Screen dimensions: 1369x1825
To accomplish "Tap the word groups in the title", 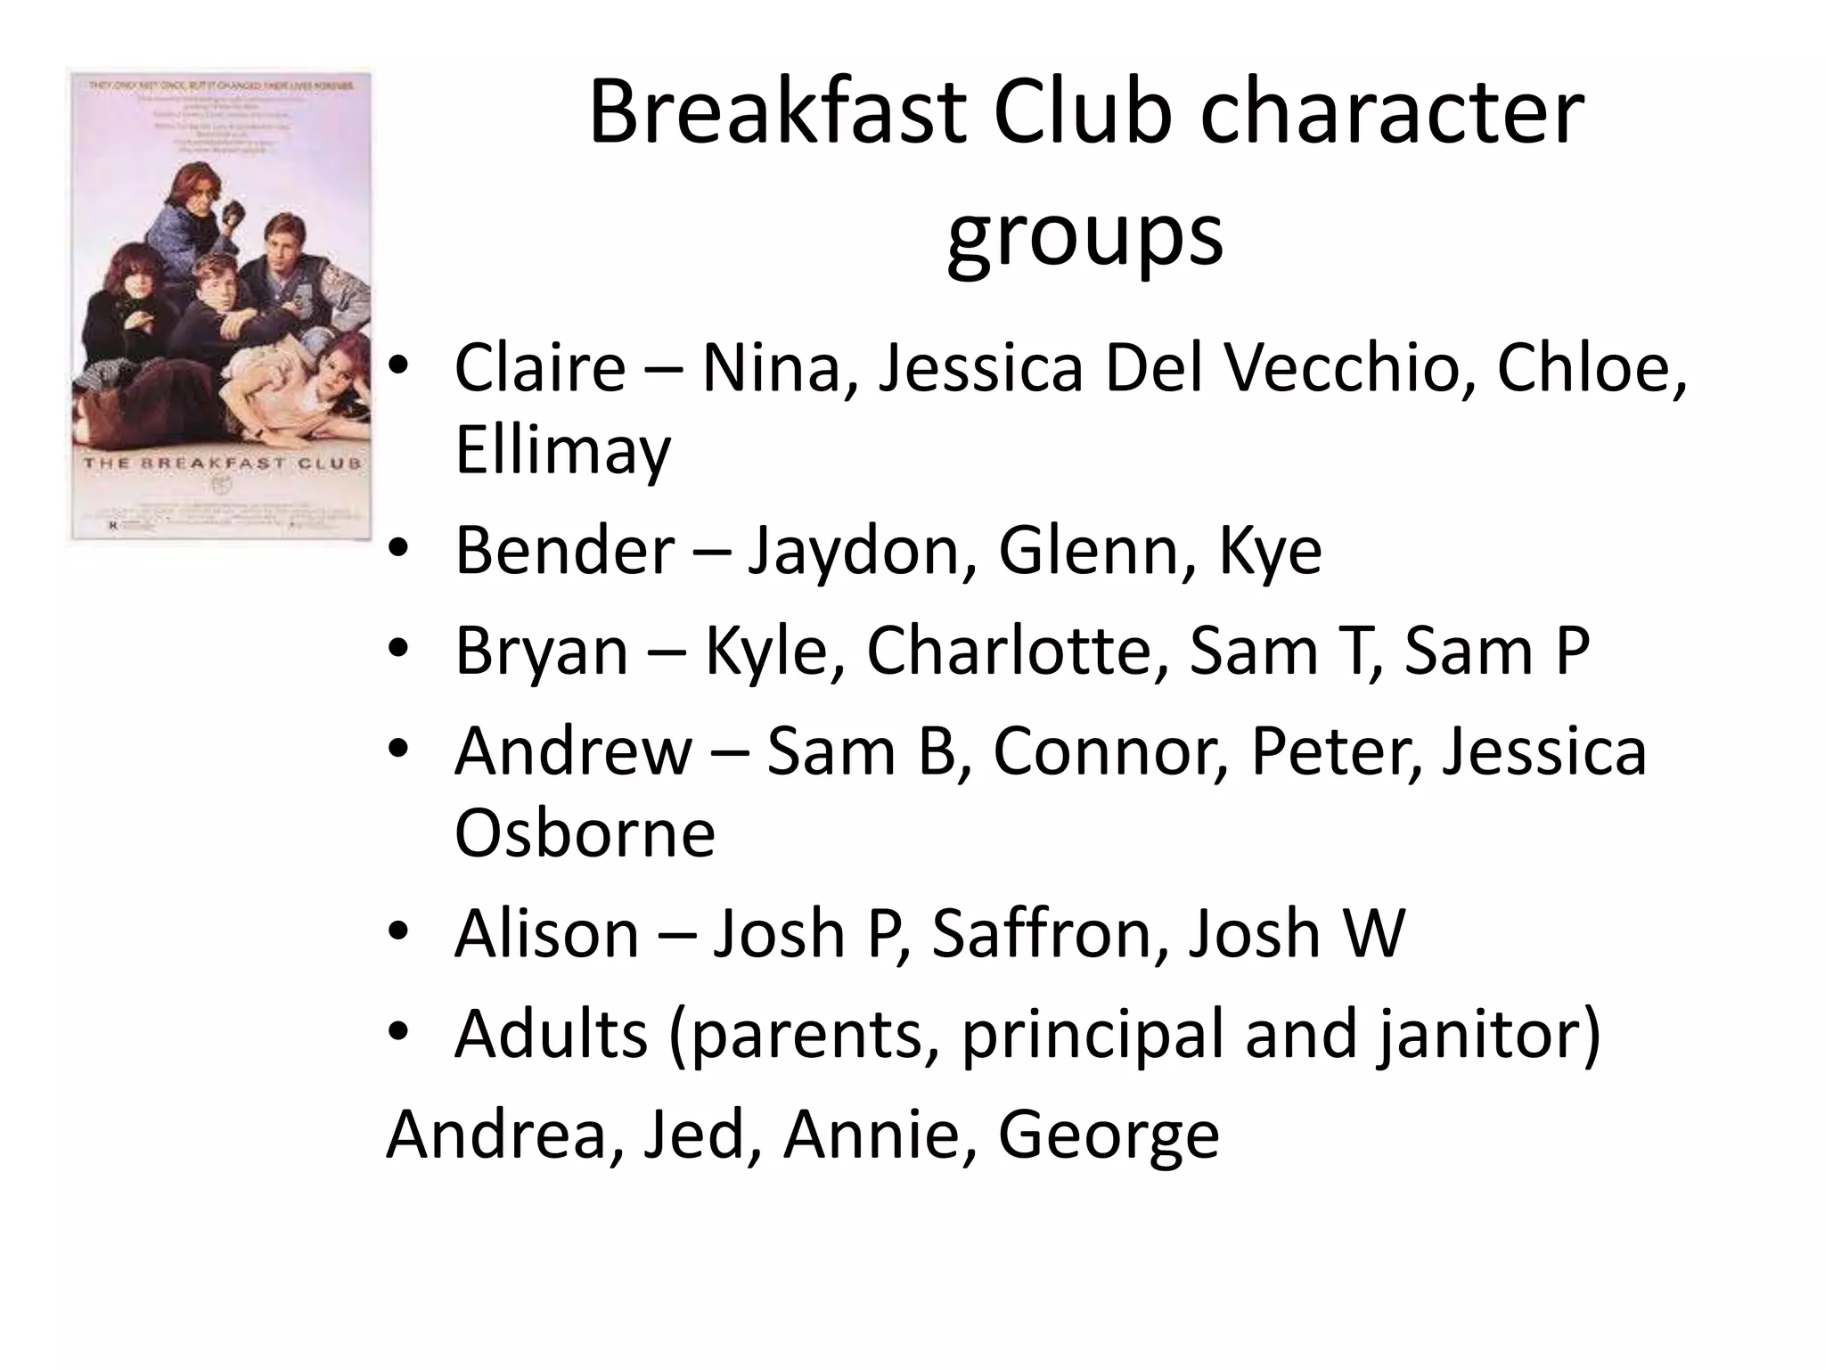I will (1084, 236).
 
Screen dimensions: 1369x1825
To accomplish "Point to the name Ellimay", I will (562, 450).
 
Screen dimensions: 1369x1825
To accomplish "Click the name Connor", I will (1110, 751).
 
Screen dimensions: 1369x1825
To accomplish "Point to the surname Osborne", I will (585, 833).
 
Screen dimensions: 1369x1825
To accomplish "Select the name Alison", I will (546, 933).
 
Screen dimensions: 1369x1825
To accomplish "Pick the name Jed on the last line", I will (693, 1134).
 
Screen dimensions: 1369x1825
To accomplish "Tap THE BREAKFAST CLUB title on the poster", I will (223, 463).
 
